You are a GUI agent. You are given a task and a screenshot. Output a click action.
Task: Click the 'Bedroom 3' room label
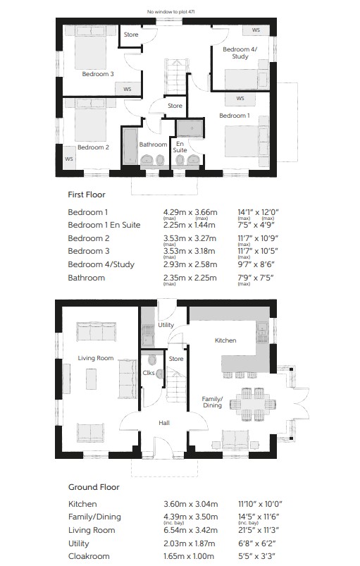pyautogui.click(x=98, y=74)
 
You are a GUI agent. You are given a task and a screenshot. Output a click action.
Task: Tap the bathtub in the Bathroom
pyautogui.click(x=129, y=147)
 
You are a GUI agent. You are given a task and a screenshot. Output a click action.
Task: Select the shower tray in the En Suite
pyautogui.click(x=190, y=128)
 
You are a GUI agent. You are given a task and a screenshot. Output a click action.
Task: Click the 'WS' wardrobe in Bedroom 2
pyautogui.click(x=69, y=158)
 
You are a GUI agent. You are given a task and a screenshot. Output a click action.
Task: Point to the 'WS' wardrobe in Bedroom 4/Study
pyautogui.click(x=256, y=30)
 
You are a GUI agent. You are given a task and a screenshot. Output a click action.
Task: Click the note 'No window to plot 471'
pyautogui.click(x=171, y=12)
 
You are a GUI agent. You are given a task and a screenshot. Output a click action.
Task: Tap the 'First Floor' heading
pyautogui.click(x=87, y=195)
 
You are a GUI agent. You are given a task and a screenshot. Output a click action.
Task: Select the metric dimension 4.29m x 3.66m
pyautogui.click(x=190, y=212)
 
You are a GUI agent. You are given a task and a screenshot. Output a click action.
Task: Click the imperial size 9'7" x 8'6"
pyautogui.click(x=256, y=264)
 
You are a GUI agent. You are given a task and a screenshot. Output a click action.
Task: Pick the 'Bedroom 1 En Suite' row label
pyautogui.click(x=104, y=225)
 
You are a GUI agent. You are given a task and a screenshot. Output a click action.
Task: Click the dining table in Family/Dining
pyautogui.click(x=252, y=404)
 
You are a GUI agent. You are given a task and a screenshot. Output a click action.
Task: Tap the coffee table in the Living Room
pyautogui.click(x=91, y=379)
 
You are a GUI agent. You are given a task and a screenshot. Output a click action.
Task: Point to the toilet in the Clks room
pyautogui.click(x=152, y=360)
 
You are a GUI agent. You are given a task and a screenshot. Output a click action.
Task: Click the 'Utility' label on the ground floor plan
pyautogui.click(x=166, y=325)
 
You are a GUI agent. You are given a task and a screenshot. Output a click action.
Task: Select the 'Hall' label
pyautogui.click(x=164, y=423)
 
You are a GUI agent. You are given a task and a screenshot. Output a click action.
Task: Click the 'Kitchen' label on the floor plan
pyautogui.click(x=225, y=340)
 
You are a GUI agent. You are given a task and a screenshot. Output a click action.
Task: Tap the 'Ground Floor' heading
pyautogui.click(x=94, y=487)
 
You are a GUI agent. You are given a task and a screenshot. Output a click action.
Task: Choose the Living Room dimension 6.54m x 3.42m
pyautogui.click(x=190, y=530)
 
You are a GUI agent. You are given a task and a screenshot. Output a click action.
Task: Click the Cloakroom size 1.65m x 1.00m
pyautogui.click(x=189, y=556)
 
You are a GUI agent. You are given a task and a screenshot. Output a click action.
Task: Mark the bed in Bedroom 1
pyautogui.click(x=247, y=141)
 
